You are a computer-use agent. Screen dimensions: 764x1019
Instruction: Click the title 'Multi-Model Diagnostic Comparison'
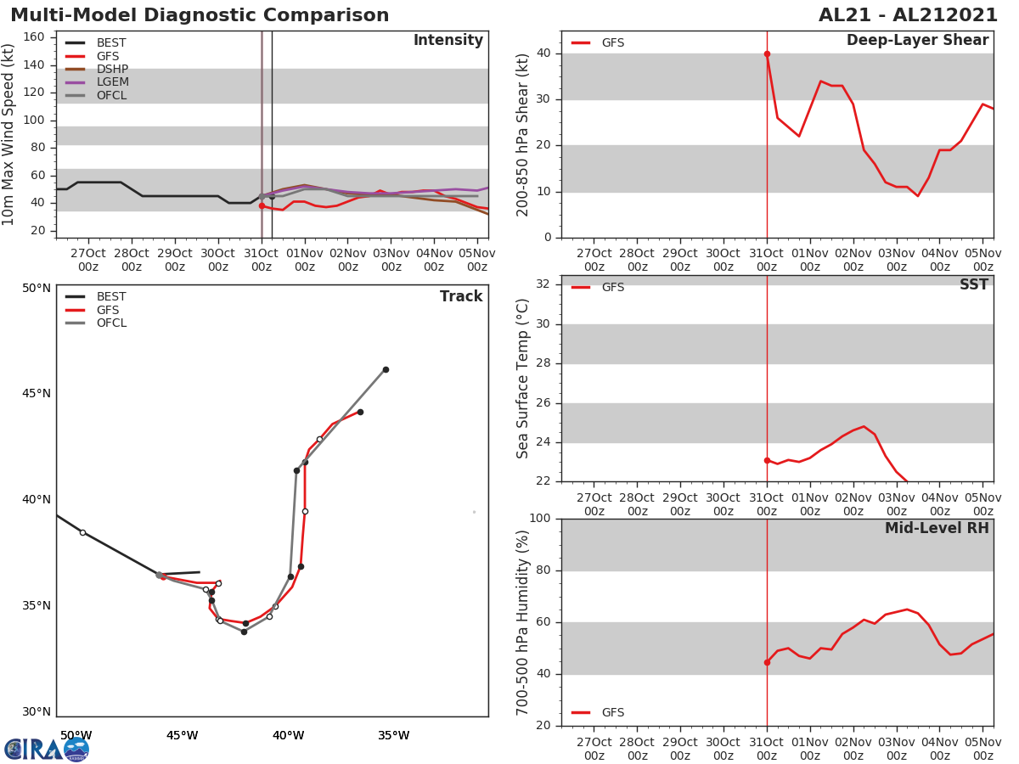click(x=200, y=15)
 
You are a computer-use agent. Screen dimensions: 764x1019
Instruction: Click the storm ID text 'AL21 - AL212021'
click(x=908, y=15)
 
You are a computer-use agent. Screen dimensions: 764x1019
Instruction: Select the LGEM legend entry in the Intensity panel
click(x=112, y=82)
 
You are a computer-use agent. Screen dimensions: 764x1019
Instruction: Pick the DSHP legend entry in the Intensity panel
click(x=112, y=69)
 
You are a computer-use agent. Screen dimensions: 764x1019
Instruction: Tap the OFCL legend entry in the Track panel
click(x=111, y=323)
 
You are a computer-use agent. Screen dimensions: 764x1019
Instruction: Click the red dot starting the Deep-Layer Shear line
click(x=767, y=54)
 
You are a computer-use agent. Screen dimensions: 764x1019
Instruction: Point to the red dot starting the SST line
click(x=767, y=460)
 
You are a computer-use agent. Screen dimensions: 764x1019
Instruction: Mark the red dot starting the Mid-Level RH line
click(x=767, y=662)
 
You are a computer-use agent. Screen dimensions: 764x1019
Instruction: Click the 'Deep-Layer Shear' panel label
click(x=917, y=41)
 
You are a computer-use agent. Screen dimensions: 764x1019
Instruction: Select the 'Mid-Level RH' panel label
click(x=937, y=529)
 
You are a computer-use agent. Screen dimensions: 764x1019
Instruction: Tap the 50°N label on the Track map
click(x=37, y=288)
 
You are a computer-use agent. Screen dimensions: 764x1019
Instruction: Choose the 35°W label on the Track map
click(x=393, y=735)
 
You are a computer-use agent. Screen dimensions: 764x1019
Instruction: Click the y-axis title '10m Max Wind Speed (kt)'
click(x=9, y=134)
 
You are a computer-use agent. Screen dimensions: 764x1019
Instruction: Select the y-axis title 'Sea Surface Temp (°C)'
click(x=523, y=379)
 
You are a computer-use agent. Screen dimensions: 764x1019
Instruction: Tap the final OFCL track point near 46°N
click(x=386, y=369)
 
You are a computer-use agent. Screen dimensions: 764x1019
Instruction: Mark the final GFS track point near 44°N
click(x=360, y=412)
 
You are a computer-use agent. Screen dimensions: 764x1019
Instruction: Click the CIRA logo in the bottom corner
click(x=47, y=749)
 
